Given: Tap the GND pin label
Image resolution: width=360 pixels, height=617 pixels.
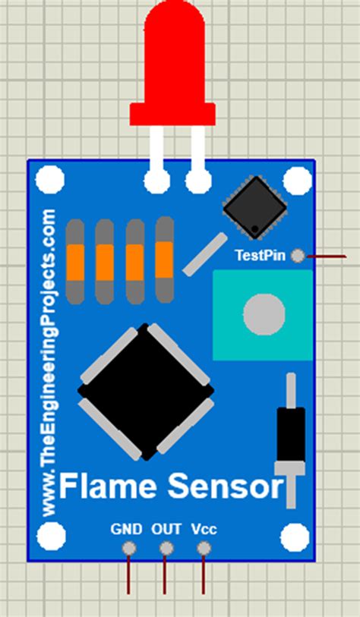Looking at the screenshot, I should pyautogui.click(x=126, y=529).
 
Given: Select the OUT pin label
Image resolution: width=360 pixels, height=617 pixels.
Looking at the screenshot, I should pyautogui.click(x=166, y=529).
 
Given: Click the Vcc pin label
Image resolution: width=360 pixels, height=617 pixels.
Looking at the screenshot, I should pyautogui.click(x=204, y=529).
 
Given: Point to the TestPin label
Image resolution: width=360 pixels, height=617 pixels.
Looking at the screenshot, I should pyautogui.click(x=260, y=255).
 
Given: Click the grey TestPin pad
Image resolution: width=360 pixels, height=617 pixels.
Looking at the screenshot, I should pyautogui.click(x=298, y=256).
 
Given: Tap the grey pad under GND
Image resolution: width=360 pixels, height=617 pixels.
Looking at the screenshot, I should pyautogui.click(x=129, y=548).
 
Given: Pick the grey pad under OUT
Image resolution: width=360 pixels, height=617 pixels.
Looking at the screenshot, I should pyautogui.click(x=166, y=548).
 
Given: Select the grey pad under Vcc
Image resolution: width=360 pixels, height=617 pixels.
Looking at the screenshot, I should pyautogui.click(x=203, y=548).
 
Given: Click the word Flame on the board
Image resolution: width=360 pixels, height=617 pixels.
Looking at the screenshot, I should pyautogui.click(x=103, y=486).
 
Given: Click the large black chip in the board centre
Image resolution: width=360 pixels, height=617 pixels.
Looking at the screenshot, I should pyautogui.click(x=145, y=392).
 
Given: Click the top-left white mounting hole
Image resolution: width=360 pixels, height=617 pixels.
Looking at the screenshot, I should pyautogui.click(x=51, y=180).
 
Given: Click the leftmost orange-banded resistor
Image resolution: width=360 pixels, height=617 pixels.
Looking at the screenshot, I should pyautogui.click(x=75, y=260).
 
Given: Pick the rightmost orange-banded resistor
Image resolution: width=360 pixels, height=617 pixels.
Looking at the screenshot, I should pyautogui.click(x=164, y=260).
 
